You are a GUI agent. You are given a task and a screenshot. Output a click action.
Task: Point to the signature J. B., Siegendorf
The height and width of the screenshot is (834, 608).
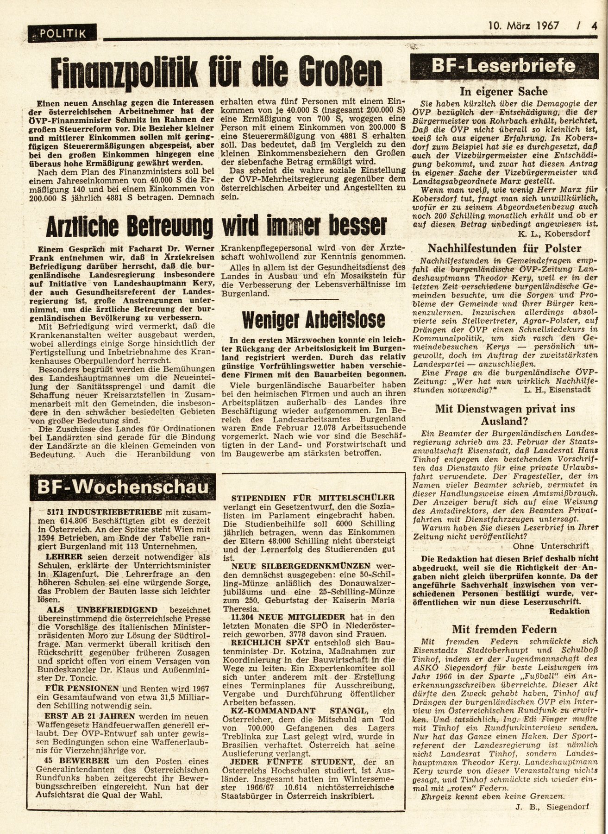point(552,819)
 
